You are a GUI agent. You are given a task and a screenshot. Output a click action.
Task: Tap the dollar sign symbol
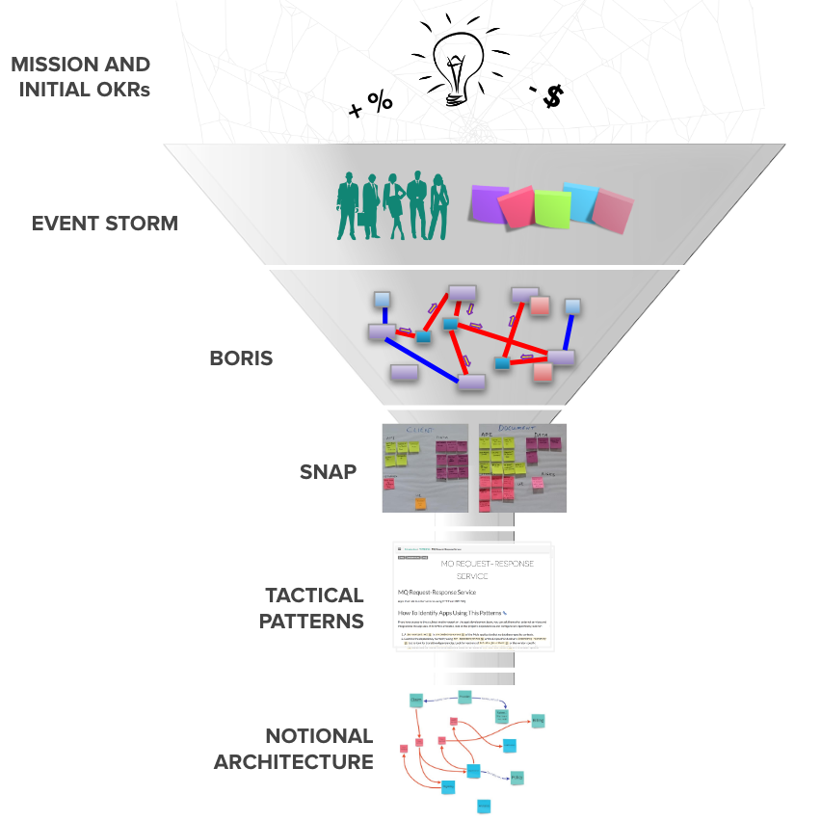[x=551, y=96]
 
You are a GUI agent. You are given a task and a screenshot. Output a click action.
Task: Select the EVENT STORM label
[x=105, y=224]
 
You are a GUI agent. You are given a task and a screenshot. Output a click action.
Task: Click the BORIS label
[x=241, y=358]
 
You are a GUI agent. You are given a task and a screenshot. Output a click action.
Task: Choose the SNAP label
[x=328, y=472]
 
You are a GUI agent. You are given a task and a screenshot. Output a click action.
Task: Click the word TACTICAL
[x=314, y=596]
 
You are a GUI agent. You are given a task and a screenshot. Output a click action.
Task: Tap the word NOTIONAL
[x=319, y=736]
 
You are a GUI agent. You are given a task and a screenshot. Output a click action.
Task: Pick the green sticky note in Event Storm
[x=553, y=209]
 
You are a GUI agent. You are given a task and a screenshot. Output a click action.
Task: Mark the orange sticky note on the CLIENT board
[x=421, y=502]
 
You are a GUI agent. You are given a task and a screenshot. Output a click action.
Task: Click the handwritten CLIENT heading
[x=420, y=430]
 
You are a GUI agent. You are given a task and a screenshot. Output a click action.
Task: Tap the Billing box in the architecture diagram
[x=539, y=719]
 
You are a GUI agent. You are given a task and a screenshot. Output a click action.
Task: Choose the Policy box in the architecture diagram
[x=516, y=777]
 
